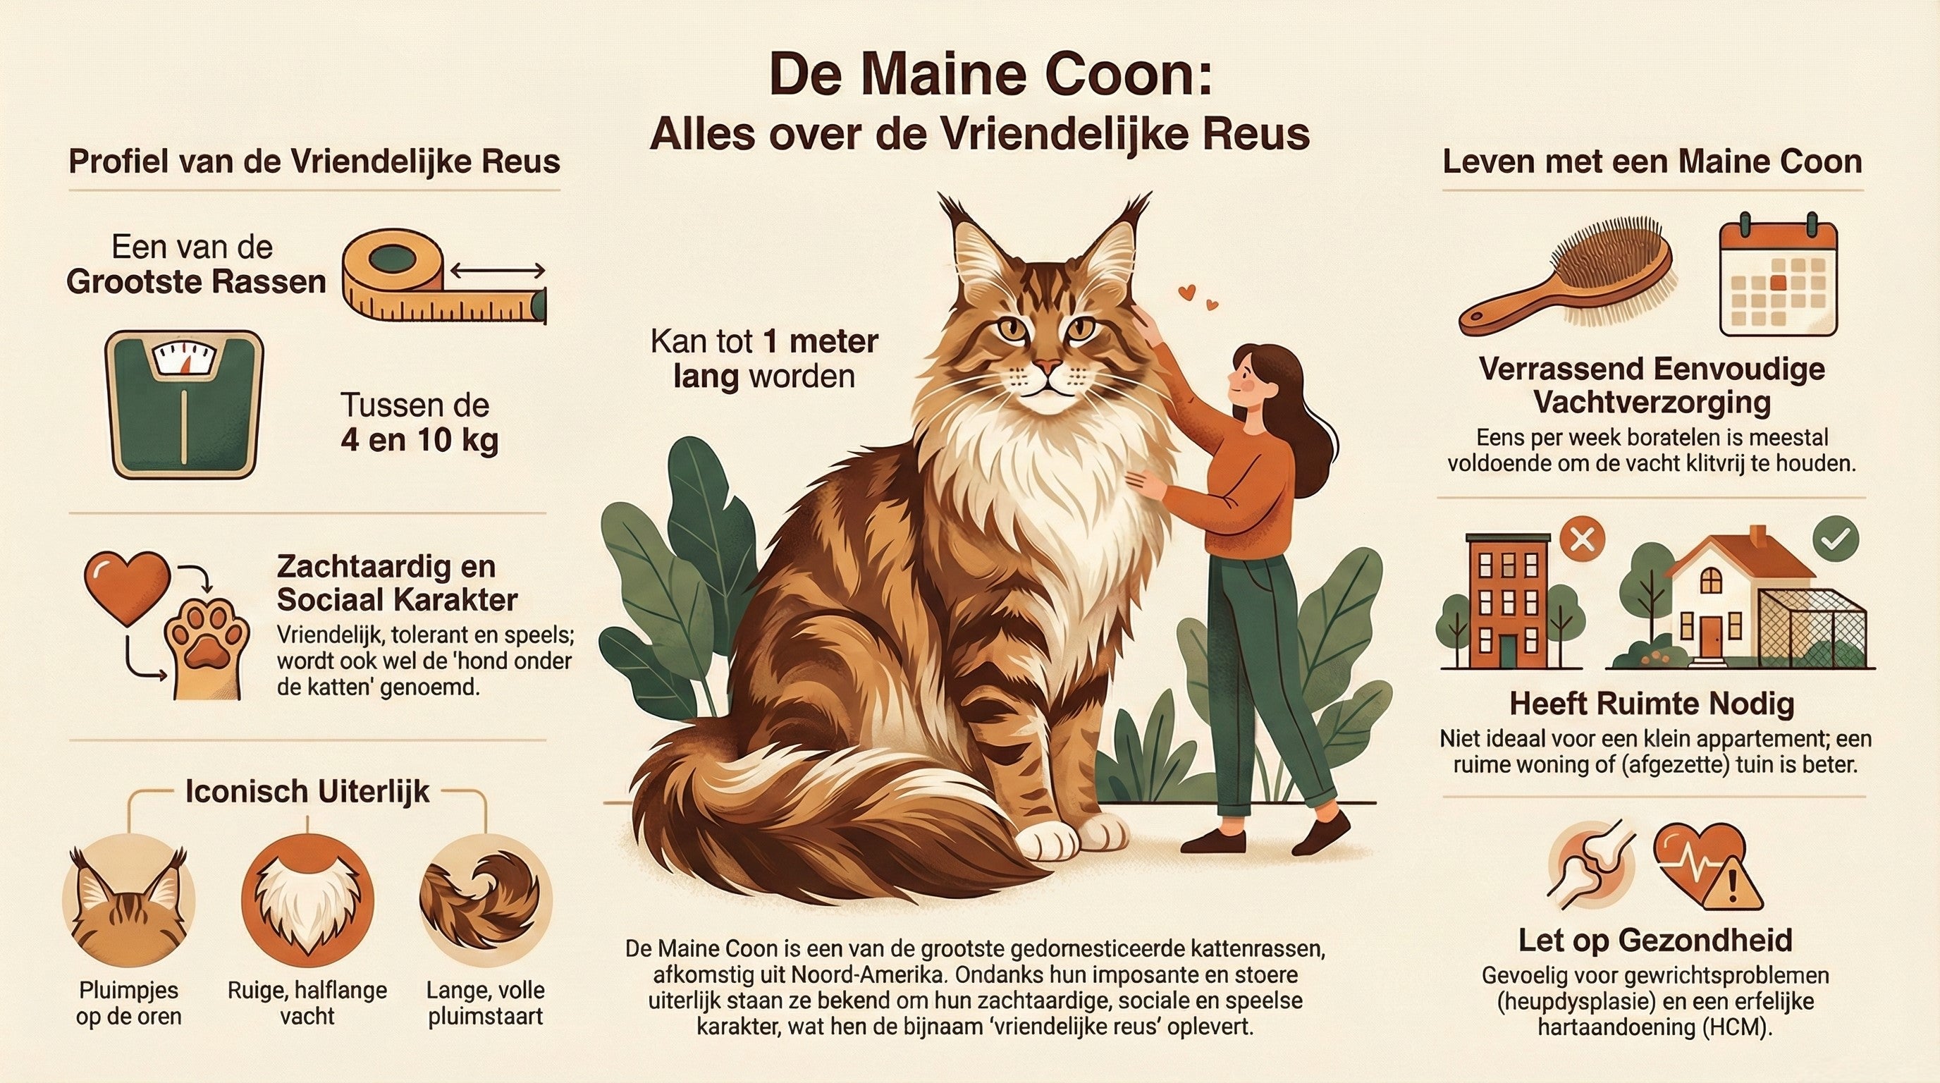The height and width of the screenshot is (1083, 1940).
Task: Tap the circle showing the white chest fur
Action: (307, 899)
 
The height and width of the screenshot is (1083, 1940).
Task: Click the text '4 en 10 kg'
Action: (419, 440)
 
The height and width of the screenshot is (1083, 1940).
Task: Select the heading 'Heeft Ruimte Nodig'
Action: (1652, 704)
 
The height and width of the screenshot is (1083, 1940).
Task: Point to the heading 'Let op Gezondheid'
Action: (1654, 940)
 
